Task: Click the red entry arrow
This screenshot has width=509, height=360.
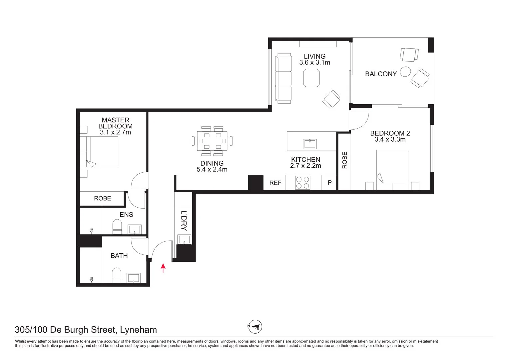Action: (x=163, y=268)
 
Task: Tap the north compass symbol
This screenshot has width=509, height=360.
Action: (x=255, y=327)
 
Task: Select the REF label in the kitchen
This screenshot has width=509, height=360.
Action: (x=275, y=183)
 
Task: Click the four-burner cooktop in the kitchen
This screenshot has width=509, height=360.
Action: (x=302, y=183)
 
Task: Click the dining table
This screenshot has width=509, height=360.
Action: (x=212, y=141)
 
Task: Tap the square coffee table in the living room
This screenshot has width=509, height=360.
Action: (x=312, y=78)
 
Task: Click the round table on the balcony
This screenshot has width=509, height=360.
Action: (x=405, y=72)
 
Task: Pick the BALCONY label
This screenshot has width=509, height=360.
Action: (x=381, y=74)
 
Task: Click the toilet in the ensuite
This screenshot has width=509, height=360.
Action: (x=117, y=227)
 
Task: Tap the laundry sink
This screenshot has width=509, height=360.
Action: (x=184, y=239)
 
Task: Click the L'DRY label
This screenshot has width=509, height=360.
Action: (x=184, y=221)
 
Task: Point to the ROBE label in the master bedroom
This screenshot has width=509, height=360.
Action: (x=102, y=198)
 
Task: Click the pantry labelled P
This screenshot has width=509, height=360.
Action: (x=330, y=183)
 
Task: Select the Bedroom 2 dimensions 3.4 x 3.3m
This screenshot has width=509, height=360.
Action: (x=390, y=140)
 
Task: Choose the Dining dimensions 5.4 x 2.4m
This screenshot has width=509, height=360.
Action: (x=212, y=169)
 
